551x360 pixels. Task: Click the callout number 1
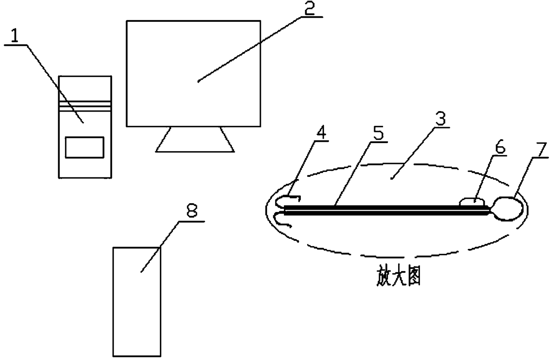15,37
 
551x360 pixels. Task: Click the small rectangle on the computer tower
84,147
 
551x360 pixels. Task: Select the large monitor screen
193,73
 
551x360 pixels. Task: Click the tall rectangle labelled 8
136,302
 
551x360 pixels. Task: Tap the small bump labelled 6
473,202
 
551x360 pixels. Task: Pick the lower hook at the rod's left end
282,220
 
